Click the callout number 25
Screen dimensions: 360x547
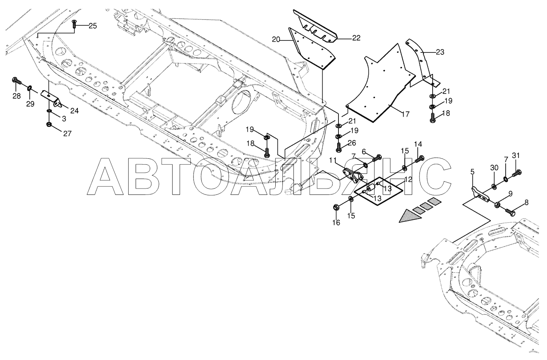click(92, 26)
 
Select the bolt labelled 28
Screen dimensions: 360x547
click(17, 82)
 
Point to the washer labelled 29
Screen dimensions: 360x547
click(30, 87)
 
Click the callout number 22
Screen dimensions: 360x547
click(356, 38)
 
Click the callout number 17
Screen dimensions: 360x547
click(405, 114)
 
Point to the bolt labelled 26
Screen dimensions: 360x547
click(339, 148)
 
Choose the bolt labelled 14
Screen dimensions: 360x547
click(418, 160)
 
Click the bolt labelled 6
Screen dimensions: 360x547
click(376, 159)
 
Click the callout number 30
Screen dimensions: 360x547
click(494, 168)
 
